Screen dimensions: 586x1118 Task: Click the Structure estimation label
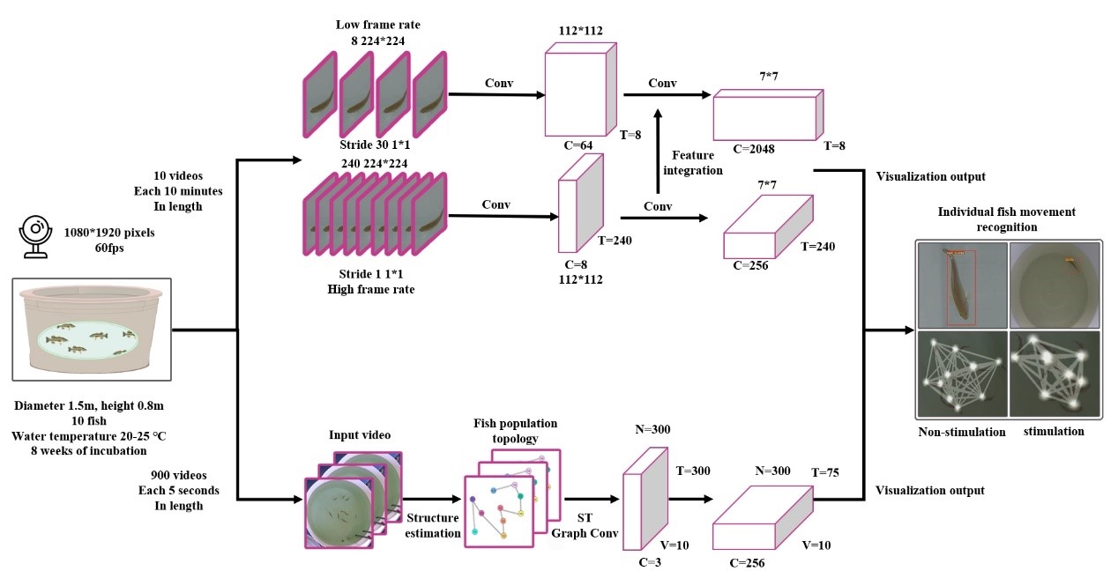click(x=432, y=526)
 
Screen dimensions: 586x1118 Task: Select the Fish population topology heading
click(x=515, y=430)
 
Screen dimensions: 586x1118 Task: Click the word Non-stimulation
click(x=960, y=432)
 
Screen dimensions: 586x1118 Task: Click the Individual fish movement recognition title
click(x=1006, y=219)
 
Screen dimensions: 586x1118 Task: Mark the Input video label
click(x=359, y=436)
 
